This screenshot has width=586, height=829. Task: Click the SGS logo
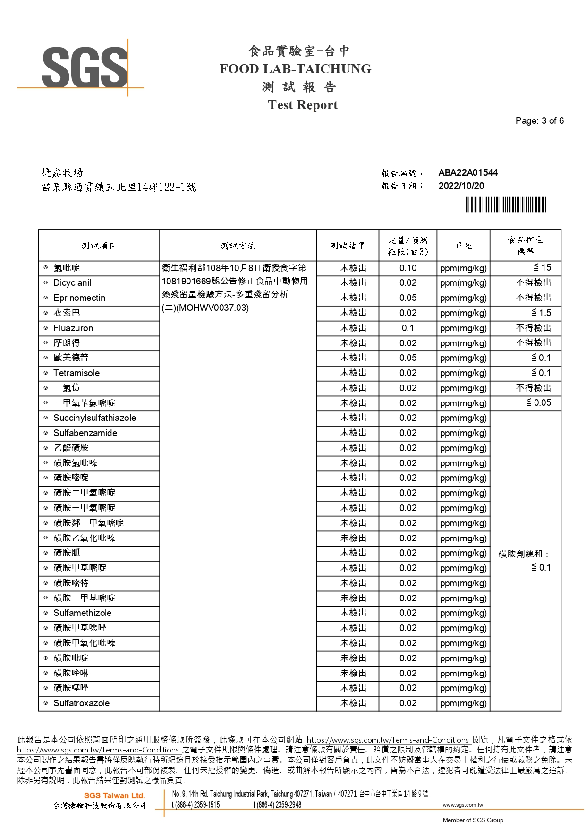tap(85, 67)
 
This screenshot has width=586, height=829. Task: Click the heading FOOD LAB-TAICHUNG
tap(295, 69)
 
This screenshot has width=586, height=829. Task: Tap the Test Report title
tap(303, 105)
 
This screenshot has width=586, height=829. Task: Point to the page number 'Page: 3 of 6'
tap(539, 121)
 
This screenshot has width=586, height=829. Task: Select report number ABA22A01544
tap(467, 173)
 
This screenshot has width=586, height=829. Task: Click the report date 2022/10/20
tap(461, 186)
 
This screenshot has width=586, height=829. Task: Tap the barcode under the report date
tap(505, 205)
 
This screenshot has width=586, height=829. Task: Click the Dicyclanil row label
tap(72, 283)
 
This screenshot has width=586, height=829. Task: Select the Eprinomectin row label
tap(79, 298)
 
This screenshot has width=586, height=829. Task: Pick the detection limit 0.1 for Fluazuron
tap(408, 328)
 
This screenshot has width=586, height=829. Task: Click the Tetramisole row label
tap(76, 373)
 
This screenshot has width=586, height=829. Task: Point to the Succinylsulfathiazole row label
tap(94, 418)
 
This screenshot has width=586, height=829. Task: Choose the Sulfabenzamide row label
tap(85, 433)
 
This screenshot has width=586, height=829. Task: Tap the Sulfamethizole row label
tap(83, 613)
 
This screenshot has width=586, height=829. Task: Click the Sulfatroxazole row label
tap(81, 703)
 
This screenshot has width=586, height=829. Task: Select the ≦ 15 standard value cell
tap(542, 268)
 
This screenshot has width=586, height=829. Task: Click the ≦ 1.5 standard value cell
tap(541, 313)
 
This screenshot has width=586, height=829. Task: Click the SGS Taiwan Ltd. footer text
tap(114, 796)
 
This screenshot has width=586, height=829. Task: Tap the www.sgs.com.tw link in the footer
tap(463, 805)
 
